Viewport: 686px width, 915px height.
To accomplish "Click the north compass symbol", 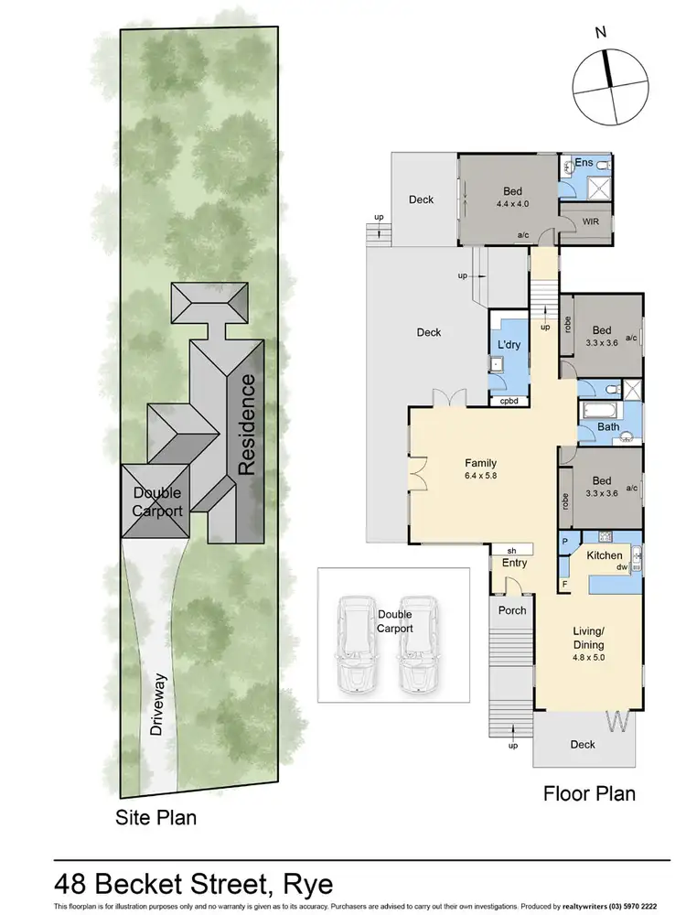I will coord(607,82).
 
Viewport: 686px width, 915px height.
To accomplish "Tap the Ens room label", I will coord(584,163).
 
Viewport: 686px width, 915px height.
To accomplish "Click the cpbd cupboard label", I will coord(509,401).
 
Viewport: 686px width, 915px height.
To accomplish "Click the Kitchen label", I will coord(604,555).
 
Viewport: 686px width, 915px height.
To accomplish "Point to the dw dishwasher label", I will coord(620,567).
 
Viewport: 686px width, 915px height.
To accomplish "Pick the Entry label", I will coord(514,563).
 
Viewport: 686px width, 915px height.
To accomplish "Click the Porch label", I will coord(511,609).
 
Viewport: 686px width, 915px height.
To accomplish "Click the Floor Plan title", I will coord(589,792).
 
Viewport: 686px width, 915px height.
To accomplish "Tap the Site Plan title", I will coord(155,816).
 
